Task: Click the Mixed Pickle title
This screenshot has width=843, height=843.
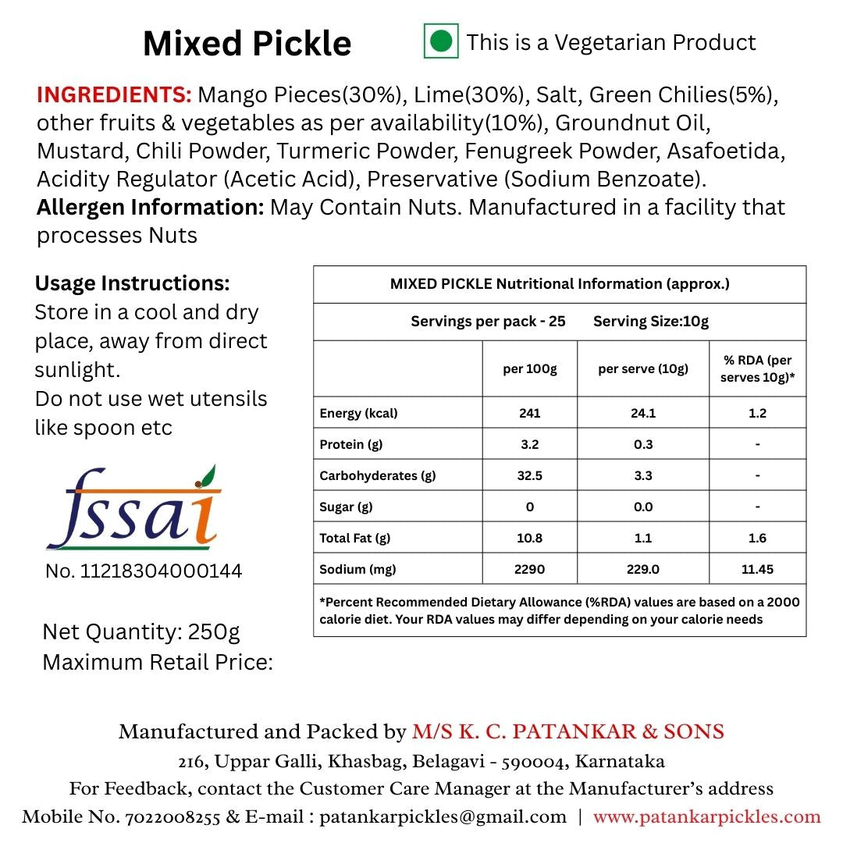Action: pos(247,44)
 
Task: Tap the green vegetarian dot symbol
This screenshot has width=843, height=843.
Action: pos(441,41)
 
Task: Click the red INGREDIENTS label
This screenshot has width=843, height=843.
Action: pos(114,95)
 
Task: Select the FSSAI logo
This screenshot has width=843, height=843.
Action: pos(133,507)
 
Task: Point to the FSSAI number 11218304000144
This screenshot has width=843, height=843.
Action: pos(144,571)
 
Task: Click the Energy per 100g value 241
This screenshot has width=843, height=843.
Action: pos(529,413)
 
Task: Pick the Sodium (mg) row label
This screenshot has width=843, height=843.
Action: pos(357,569)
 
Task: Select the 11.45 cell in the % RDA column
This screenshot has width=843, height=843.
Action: pos(757,569)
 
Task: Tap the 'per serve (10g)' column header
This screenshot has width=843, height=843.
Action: pos(643,369)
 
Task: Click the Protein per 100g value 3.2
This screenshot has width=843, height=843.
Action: pos(529,444)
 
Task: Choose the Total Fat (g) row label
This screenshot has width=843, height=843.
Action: pos(354,538)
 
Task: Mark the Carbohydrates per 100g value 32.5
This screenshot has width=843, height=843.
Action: pos(529,475)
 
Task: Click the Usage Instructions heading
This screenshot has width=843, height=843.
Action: pos(133,283)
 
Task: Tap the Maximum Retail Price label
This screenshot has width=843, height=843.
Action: pos(158,662)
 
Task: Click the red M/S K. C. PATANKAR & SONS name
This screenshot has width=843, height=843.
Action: pos(568,731)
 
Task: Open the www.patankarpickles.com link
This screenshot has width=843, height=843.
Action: pos(706,817)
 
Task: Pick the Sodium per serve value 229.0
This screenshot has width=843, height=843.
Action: pos(643,569)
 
